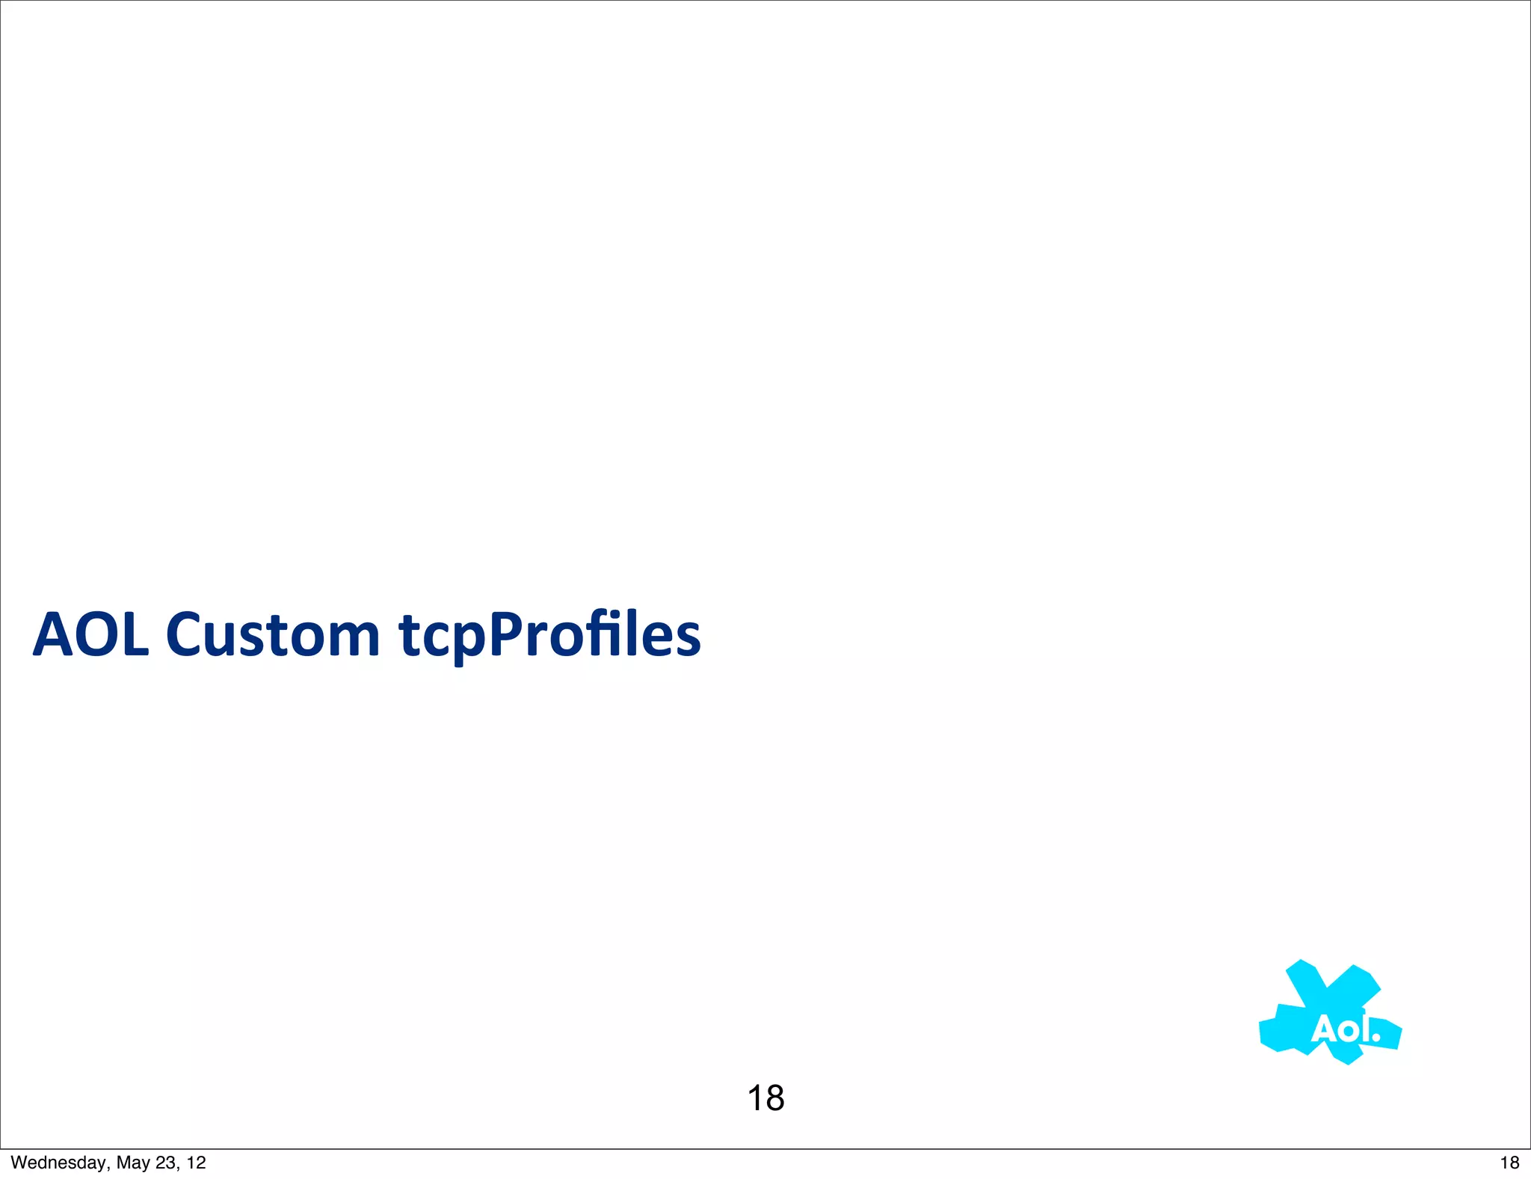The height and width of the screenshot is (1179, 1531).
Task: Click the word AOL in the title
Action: [x=91, y=635]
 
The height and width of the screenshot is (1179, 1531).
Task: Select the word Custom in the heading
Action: [x=273, y=635]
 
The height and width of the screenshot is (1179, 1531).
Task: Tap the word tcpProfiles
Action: [x=549, y=635]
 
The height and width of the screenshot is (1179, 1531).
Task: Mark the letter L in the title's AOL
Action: [x=136, y=635]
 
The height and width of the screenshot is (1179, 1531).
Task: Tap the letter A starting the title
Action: [x=54, y=635]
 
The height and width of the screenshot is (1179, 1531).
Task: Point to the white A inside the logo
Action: [x=1325, y=1030]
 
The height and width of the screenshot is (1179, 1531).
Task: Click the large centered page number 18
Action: [x=765, y=1098]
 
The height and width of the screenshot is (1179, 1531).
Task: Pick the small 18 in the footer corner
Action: [x=1509, y=1163]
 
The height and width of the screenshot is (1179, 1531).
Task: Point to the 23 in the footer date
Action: [x=166, y=1163]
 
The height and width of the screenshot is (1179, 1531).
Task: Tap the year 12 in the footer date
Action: [x=196, y=1163]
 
